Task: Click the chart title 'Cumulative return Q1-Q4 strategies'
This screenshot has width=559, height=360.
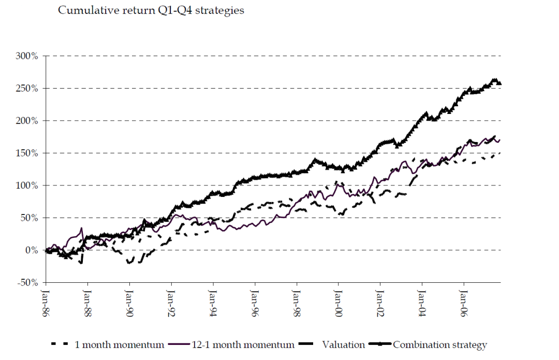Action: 151,10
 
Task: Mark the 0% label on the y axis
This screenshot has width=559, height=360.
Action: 32,250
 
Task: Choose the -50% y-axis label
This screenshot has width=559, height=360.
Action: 26,283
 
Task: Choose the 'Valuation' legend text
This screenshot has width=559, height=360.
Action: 343,344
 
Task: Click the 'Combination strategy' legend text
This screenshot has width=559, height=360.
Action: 440,344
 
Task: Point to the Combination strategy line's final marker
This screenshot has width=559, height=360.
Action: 499,83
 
